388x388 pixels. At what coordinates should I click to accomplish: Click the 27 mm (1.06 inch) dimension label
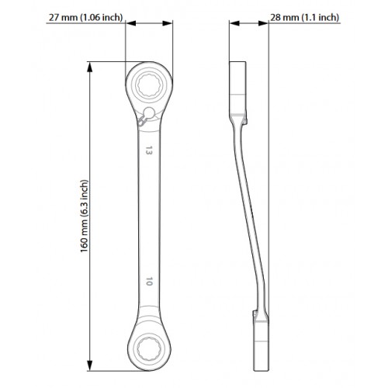[85, 17]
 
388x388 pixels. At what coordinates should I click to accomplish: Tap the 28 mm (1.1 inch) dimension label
[304, 17]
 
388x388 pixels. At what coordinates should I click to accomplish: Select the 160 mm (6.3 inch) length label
[85, 216]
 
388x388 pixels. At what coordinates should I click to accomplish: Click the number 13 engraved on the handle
[148, 151]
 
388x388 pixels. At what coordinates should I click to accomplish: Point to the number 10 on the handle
[148, 281]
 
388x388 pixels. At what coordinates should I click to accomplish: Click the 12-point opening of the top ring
[149, 85]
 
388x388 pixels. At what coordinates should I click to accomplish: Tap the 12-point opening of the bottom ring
[149, 350]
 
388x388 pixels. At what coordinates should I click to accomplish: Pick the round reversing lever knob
[149, 113]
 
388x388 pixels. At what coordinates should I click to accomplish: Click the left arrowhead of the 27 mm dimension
[131, 23]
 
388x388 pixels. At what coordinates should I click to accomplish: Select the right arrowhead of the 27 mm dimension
[168, 23]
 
